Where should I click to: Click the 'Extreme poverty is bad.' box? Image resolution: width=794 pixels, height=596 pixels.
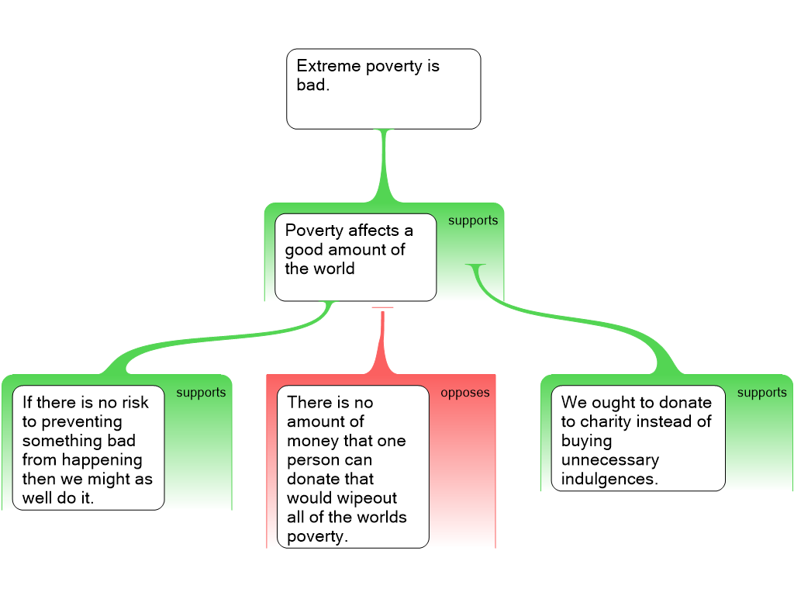click(383, 88)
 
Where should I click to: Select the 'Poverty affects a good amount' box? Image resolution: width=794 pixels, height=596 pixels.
click(355, 257)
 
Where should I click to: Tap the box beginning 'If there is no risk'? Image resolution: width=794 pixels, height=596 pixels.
click(88, 448)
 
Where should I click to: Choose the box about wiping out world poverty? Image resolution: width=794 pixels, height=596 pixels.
click(352, 466)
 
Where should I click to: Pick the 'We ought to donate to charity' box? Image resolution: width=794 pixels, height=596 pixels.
click(637, 438)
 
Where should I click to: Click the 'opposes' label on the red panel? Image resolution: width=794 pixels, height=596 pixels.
click(465, 393)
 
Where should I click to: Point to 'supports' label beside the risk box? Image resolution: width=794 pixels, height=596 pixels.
click(201, 393)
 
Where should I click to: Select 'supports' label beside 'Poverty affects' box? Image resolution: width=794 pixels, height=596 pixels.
click(473, 220)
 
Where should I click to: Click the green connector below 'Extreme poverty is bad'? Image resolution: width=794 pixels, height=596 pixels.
click(384, 167)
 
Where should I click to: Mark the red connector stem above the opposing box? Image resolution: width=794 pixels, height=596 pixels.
click(382, 345)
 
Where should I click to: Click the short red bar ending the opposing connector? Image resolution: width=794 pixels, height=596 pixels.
click(382, 308)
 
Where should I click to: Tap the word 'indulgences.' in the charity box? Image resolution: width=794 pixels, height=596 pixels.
click(609, 479)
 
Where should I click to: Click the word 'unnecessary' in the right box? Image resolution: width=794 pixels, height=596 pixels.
click(610, 460)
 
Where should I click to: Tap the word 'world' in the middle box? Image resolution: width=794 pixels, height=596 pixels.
click(334, 269)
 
